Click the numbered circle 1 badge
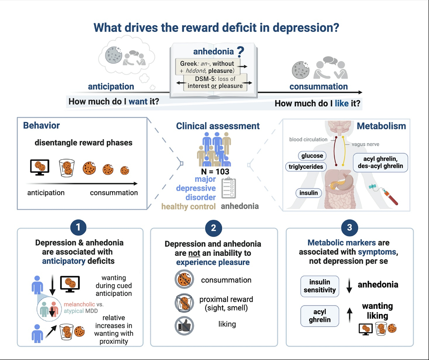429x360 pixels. tap(79, 228)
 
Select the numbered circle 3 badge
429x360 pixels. tap(350, 228)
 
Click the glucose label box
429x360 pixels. tap(311, 156)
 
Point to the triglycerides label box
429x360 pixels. tap(306, 167)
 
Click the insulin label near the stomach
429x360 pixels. tap(309, 193)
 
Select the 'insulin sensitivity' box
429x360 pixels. tap(319, 286)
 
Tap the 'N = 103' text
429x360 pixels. tap(214, 171)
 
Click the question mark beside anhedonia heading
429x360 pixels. tap(241, 51)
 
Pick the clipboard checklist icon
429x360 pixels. tap(229, 188)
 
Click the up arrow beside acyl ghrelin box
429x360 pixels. tap(349, 316)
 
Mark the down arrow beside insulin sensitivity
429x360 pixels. tap(349, 286)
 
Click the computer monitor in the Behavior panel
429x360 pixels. tap(39, 167)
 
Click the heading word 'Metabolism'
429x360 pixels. tap(381, 126)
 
